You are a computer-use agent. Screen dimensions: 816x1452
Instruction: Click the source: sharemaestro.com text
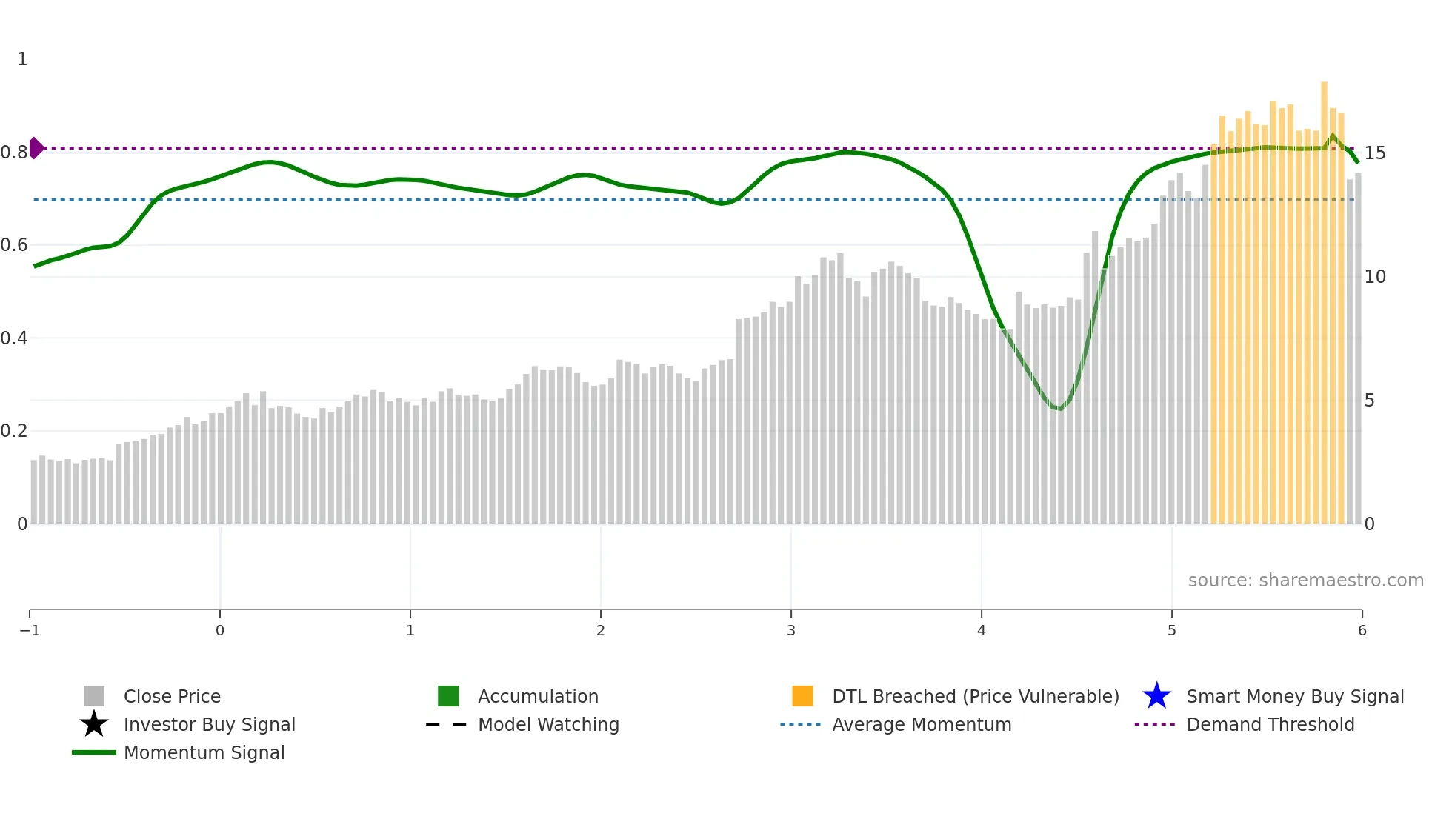[x=1305, y=581]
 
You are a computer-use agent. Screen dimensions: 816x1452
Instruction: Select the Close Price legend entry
[x=172, y=697]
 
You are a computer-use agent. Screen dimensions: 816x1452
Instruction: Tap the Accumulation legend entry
[x=538, y=697]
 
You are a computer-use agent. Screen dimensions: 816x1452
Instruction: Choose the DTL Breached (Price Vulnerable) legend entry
[x=975, y=697]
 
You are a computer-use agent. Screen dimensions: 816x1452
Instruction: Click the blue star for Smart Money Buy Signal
[x=1156, y=697]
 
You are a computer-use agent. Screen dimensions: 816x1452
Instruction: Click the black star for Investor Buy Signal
[x=94, y=725]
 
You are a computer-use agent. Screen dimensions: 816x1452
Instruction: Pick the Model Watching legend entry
[x=548, y=725]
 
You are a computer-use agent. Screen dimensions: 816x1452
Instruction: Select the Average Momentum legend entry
[x=922, y=725]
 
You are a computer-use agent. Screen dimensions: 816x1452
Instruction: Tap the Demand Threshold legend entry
[x=1270, y=725]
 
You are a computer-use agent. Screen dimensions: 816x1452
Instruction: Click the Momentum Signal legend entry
[x=204, y=753]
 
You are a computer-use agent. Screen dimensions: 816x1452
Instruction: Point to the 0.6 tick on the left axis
[x=14, y=245]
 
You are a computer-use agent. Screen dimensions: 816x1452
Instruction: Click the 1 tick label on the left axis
[x=22, y=59]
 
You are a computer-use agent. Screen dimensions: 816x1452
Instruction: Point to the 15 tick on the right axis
[x=1375, y=153]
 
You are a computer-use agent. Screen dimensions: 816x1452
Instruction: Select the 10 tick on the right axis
[x=1375, y=277]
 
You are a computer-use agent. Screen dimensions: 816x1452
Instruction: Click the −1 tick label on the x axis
[x=30, y=631]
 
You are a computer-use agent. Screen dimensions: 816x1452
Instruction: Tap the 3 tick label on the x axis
[x=791, y=631]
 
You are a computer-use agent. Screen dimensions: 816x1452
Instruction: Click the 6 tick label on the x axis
[x=1362, y=631]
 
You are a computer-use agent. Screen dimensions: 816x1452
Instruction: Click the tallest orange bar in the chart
[x=1324, y=296]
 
